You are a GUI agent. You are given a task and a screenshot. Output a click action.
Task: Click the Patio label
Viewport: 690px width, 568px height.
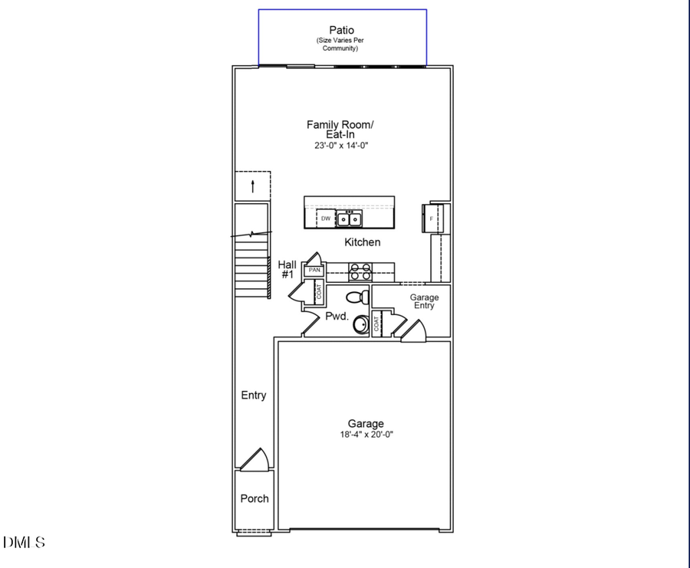pos(342,31)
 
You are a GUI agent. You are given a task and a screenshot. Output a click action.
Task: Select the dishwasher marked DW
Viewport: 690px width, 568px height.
pos(326,218)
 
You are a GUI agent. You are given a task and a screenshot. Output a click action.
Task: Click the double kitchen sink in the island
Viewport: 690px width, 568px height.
pos(350,219)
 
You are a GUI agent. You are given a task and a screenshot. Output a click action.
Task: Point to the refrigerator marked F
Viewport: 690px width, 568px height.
pos(432,218)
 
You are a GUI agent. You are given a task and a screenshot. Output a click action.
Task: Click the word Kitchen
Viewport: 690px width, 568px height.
pos(362,242)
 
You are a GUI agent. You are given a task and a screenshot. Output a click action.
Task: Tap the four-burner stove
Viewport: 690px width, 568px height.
pos(360,270)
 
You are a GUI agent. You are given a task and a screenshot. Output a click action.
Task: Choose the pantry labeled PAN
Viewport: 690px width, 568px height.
pos(314,271)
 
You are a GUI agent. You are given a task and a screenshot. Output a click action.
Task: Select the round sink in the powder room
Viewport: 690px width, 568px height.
pos(362,326)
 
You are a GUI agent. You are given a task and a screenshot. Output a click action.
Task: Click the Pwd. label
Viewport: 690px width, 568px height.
pos(337,316)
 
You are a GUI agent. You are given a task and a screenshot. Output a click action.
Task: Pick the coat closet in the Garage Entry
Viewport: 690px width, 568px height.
pos(377,323)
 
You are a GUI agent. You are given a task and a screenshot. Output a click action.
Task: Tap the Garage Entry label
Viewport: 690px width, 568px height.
pos(424,301)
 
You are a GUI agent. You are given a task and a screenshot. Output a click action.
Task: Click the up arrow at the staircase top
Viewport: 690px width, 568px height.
pos(253,186)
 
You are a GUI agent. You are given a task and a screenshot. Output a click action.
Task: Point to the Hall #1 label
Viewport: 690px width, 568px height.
pos(287,269)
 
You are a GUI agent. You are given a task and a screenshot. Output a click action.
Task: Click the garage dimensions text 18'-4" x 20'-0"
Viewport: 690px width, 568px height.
pos(366,435)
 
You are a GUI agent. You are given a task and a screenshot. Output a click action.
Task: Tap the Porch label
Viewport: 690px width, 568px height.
pos(255,498)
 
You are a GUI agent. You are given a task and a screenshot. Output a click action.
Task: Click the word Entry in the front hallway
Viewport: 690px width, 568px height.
pos(254,396)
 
